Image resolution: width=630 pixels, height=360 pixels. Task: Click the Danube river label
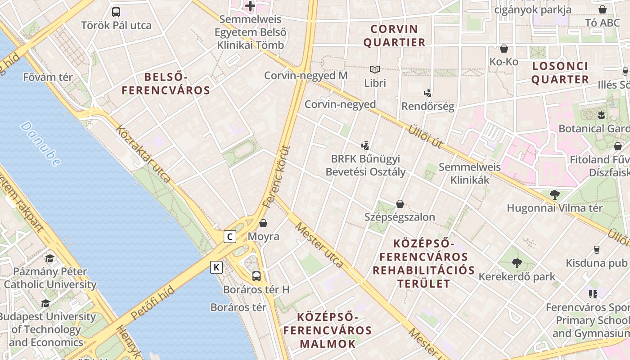(40, 144)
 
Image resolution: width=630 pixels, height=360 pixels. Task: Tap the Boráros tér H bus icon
(256, 276)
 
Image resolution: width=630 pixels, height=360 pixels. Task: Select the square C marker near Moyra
(230, 236)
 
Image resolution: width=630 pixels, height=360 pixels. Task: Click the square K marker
(216, 267)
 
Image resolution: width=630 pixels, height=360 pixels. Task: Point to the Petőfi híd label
(153, 306)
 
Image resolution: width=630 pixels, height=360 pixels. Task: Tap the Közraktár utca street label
(143, 154)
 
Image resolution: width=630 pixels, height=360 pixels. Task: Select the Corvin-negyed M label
(306, 76)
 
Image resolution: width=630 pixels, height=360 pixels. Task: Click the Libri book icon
(375, 69)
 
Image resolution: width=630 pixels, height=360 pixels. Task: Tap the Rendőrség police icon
(428, 93)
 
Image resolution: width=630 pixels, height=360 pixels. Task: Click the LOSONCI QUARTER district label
(560, 73)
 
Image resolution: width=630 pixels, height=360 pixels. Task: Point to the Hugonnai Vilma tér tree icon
(554, 194)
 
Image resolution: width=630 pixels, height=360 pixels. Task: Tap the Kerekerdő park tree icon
(517, 263)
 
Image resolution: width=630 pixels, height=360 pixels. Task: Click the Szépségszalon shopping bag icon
(400, 204)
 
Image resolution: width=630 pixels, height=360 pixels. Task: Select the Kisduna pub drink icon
(597, 249)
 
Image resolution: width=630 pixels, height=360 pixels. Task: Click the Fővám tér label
(48, 77)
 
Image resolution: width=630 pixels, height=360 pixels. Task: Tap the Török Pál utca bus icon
(116, 12)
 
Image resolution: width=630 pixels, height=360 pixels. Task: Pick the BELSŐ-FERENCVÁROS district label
(166, 83)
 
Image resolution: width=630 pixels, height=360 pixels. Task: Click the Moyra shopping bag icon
(263, 223)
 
